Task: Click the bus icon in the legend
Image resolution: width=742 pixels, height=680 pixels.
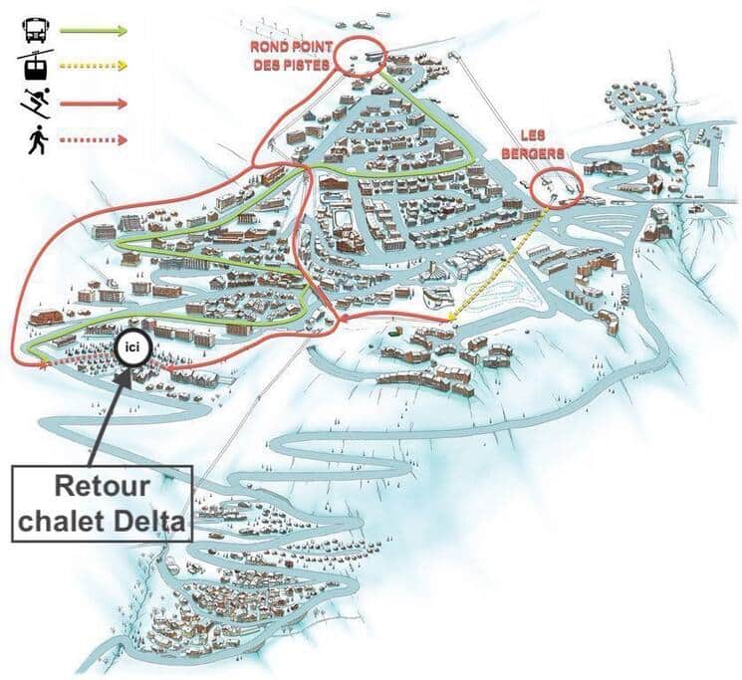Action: tap(33, 30)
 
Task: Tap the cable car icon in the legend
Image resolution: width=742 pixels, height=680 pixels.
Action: tap(33, 66)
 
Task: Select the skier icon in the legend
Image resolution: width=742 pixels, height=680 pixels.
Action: tap(33, 103)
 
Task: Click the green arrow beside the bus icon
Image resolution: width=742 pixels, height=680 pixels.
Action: tap(94, 30)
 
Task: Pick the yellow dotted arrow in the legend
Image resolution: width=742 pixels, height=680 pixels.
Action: tap(94, 66)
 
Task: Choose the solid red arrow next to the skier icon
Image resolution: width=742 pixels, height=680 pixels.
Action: tap(94, 103)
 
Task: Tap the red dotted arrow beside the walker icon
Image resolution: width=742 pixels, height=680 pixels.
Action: tap(94, 140)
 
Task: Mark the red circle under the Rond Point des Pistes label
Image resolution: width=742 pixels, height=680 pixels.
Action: tap(361, 56)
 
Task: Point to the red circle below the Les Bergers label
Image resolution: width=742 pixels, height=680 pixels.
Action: tap(554, 188)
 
